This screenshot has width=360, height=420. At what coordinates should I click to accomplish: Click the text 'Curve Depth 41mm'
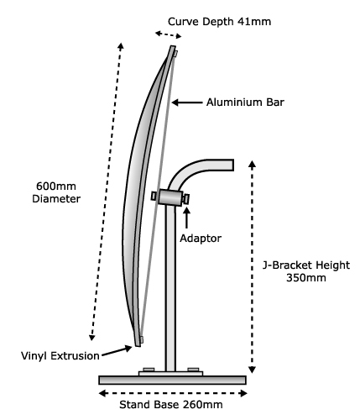[220, 22]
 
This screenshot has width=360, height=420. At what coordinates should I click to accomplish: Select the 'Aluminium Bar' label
[245, 102]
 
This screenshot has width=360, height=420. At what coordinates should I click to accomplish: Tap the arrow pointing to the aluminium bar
[187, 102]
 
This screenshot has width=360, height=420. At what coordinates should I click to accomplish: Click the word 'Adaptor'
[201, 239]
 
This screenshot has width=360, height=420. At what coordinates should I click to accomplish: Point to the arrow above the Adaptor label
[186, 218]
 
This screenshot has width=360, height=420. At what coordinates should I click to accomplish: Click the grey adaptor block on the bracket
[170, 197]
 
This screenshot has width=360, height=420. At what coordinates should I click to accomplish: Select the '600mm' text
[56, 186]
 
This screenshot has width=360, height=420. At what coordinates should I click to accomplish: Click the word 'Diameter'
[56, 199]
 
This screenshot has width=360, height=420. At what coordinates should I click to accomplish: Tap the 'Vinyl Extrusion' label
[60, 356]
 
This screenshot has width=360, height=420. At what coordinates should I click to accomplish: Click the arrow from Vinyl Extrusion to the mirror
[117, 352]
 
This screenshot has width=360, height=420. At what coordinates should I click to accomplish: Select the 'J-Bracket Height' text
[306, 265]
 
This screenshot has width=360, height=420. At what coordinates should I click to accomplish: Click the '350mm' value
[306, 278]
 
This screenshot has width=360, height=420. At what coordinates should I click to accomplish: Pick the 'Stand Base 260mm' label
[171, 405]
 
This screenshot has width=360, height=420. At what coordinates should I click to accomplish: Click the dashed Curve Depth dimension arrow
[169, 34]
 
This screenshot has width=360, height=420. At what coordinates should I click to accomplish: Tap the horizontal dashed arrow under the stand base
[173, 393]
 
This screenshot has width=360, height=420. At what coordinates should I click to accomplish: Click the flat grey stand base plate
[173, 380]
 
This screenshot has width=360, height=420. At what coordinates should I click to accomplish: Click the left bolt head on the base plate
[149, 370]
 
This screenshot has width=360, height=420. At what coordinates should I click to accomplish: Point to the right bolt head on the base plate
[193, 370]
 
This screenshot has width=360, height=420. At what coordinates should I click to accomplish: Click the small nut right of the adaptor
[186, 199]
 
